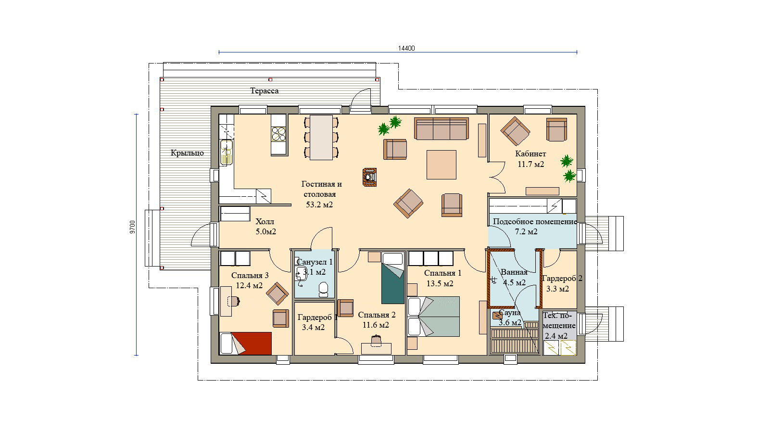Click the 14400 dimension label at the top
406,49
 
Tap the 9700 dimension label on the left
133,228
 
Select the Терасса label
265,91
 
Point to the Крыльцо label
188,153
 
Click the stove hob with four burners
278,135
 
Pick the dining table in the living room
321,138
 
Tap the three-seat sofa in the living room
442,128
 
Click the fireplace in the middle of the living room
369,177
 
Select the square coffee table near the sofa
442,165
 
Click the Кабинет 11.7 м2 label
531,159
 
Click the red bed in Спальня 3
246,343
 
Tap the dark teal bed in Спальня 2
393,279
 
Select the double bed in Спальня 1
433,317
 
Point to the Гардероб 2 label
562,278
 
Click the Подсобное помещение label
534,221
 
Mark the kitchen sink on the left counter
226,152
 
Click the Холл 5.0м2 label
265,227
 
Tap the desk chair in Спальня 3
234,301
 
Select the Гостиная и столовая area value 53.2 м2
319,204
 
